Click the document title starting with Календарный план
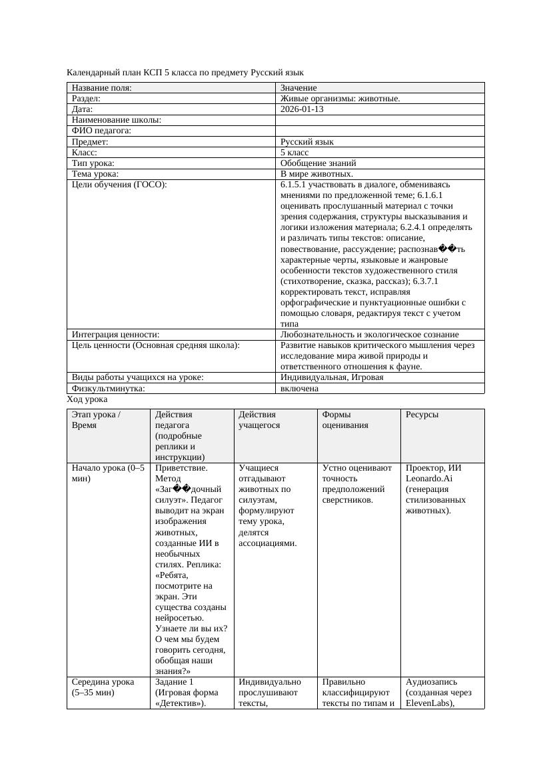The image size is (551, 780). click(x=185, y=72)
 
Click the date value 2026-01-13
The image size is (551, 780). click(x=302, y=109)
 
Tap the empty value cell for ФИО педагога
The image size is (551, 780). click(x=379, y=131)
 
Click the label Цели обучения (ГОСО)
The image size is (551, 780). click(x=119, y=185)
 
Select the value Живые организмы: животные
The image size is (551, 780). click(x=340, y=99)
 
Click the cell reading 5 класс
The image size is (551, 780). click(x=294, y=153)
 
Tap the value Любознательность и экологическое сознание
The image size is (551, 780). click(x=369, y=335)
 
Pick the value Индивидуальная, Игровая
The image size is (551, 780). click(x=331, y=377)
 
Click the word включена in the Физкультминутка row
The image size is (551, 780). click(x=299, y=388)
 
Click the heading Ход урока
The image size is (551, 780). click(x=87, y=399)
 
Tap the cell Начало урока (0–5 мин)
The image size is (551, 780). click(x=108, y=473)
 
